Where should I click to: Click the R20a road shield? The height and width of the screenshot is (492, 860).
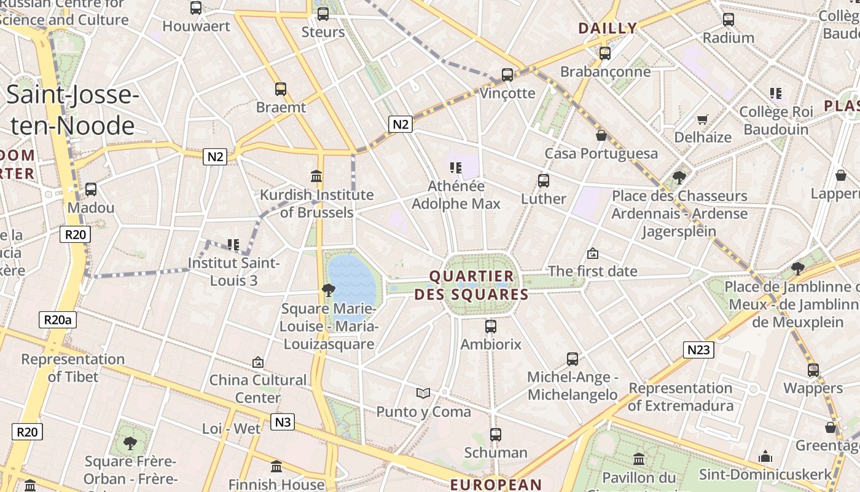tap(58, 320)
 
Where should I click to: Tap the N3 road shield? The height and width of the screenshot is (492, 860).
tap(282, 422)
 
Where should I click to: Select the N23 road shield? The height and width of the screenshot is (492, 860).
tap(698, 350)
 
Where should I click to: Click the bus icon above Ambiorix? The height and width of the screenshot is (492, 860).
tap(490, 327)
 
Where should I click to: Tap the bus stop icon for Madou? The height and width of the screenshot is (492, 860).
tap(91, 189)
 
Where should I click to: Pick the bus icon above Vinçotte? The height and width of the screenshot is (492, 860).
tap(507, 75)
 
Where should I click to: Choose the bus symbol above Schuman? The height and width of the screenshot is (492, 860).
tap(496, 435)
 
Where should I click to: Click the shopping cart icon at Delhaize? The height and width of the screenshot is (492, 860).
tap(703, 119)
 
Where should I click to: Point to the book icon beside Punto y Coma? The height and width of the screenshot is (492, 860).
tap(423, 393)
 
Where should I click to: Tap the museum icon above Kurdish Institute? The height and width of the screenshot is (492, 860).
tap(316, 177)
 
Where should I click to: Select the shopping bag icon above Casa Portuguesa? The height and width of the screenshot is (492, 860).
tap(601, 135)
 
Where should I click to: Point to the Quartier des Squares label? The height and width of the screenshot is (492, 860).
tap(471, 285)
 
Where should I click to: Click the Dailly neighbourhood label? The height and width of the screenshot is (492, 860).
tap(607, 28)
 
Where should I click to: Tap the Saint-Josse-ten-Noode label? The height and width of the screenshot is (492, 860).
tap(72, 111)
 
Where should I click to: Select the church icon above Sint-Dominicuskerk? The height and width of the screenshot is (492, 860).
tap(765, 456)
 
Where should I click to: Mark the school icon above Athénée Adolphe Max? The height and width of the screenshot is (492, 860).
tap(456, 167)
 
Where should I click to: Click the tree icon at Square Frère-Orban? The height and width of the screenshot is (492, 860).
tap(130, 443)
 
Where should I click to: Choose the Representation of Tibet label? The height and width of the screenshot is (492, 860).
tap(72, 368)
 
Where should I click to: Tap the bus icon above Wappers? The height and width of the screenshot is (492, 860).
tap(813, 370)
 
